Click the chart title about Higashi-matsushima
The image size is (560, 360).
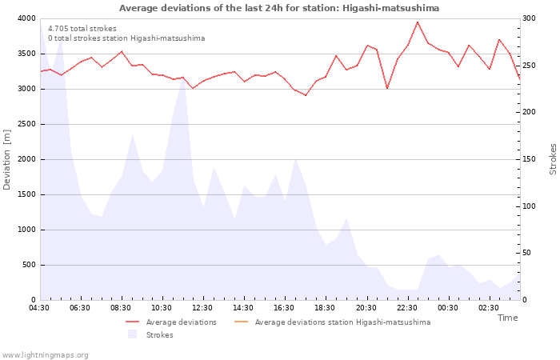(x=279, y=8)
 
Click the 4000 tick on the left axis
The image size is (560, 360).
(x=26, y=18)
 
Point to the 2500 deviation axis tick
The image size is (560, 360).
(x=26, y=124)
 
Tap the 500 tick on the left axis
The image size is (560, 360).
(x=29, y=265)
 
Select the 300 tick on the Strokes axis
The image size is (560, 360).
(x=529, y=18)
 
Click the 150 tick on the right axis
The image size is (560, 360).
(x=529, y=159)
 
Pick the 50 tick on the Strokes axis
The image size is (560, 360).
(x=526, y=253)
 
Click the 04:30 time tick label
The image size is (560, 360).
(x=40, y=308)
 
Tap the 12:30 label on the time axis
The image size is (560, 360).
(x=202, y=308)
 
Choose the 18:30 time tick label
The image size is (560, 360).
(x=325, y=308)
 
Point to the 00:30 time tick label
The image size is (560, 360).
(x=447, y=308)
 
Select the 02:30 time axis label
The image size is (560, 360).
(x=488, y=308)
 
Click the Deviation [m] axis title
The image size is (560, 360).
(x=7, y=159)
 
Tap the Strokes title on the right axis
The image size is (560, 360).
(x=553, y=159)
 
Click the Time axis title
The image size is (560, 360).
(x=507, y=318)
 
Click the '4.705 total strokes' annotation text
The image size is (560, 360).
(x=82, y=29)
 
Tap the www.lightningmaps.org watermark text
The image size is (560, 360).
(x=45, y=354)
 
